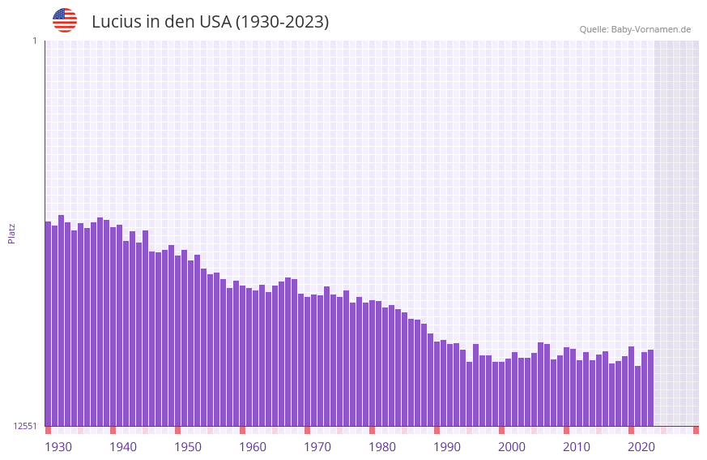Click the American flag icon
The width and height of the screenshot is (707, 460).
[x=65, y=20]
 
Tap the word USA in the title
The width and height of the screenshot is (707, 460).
[x=215, y=22]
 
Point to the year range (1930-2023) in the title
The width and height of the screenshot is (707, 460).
[x=282, y=22]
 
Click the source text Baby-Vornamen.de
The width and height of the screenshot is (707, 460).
[x=651, y=29]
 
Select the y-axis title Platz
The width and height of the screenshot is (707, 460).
[x=11, y=233]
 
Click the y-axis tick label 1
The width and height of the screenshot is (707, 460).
[x=34, y=41]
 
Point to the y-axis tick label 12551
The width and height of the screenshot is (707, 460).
[x=25, y=426]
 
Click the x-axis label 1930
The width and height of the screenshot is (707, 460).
[x=58, y=447]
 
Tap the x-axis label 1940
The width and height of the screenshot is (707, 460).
[x=123, y=447]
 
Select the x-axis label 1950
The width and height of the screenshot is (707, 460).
[x=188, y=447]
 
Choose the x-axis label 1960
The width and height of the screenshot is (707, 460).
[x=253, y=447]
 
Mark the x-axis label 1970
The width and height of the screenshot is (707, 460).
[x=317, y=447]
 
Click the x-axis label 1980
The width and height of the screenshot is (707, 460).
[x=382, y=447]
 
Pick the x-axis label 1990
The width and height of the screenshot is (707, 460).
[x=447, y=447]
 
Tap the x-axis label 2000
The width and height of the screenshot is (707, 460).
[x=512, y=447]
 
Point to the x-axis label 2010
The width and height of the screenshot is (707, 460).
[x=577, y=447]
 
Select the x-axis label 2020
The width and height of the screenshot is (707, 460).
[x=641, y=447]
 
